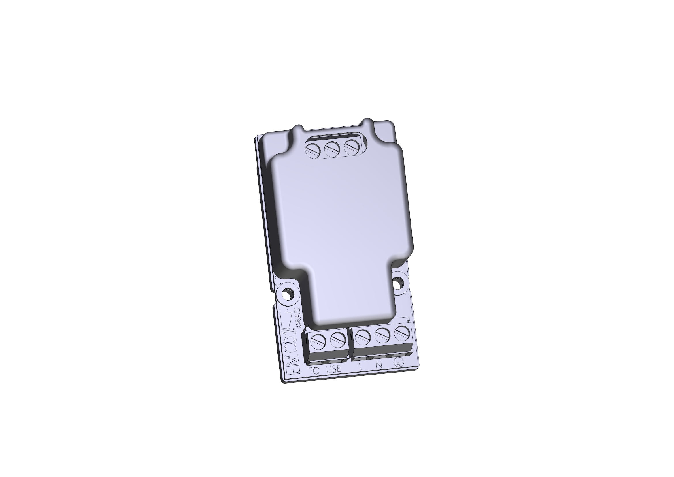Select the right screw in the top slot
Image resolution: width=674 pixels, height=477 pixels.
(351, 147)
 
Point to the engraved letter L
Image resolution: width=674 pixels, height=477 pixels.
(361, 366)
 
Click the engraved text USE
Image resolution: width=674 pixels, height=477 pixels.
(334, 369)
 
